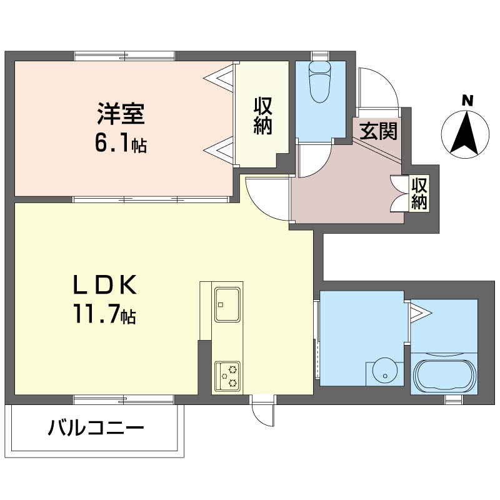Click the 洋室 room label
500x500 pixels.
point(121,114)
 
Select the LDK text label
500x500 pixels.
point(105,284)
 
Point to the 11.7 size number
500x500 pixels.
point(97,314)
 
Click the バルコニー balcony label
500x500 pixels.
point(96,427)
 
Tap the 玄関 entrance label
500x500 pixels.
point(378,131)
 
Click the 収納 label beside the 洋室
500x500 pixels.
point(262,116)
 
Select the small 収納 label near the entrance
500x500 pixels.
point(419,193)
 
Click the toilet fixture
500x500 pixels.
point(319,82)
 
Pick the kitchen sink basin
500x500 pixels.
point(227,304)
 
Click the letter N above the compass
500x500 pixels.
point(467,101)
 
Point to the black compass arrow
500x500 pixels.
point(465,132)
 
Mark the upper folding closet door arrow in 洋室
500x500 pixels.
point(219,76)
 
